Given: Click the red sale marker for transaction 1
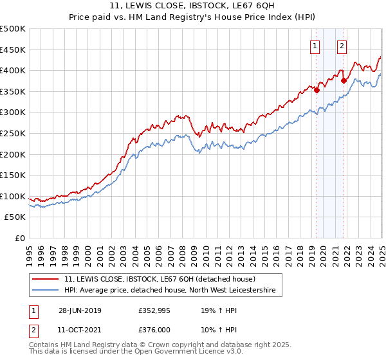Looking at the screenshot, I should [317, 90].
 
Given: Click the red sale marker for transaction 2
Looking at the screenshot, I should [344, 80].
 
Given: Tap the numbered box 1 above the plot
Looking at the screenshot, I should [315, 46].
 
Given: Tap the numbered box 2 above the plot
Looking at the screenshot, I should [341, 46].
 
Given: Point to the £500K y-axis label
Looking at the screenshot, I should [13, 29].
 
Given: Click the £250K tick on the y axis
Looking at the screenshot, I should [13, 133].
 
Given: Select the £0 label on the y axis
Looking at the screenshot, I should [19, 238].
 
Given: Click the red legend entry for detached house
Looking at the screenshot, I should [160, 279].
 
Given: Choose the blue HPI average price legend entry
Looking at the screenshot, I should [170, 291].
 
